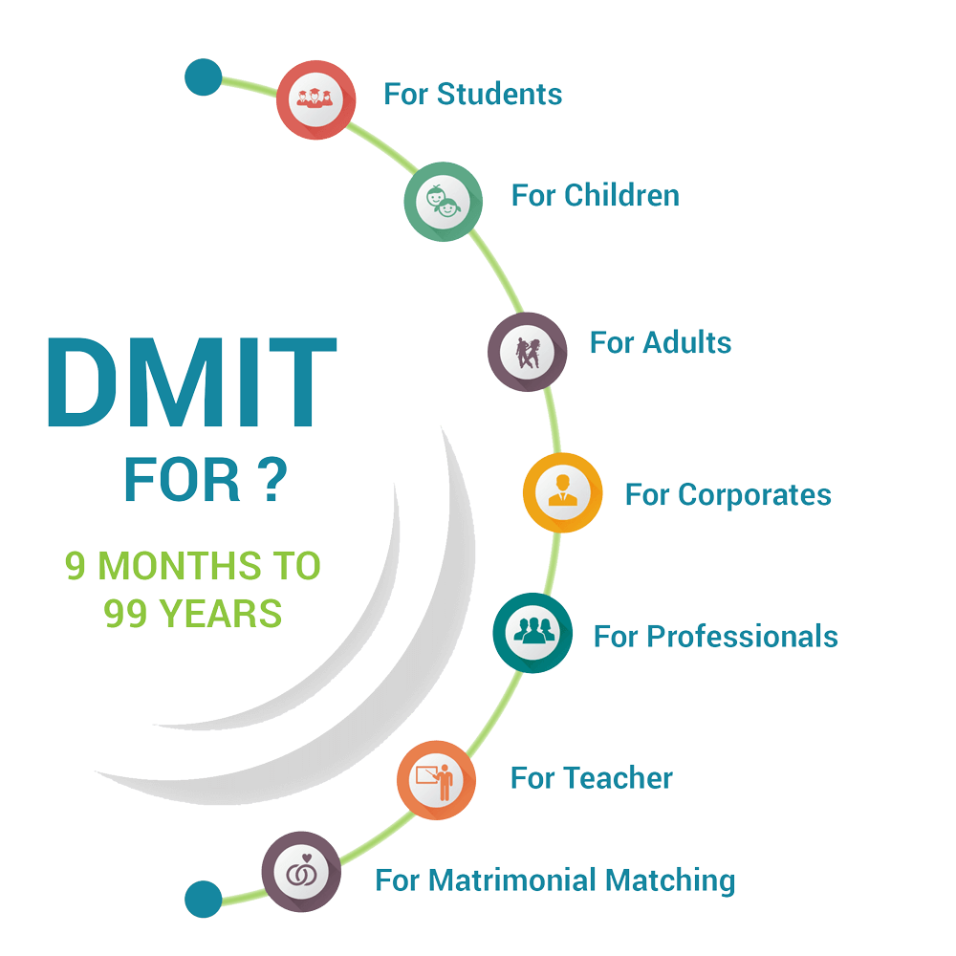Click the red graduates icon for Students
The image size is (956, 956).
point(315,99)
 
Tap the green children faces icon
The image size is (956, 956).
point(444,201)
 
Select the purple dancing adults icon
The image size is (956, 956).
point(528,352)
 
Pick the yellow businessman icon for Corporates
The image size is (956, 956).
point(563,492)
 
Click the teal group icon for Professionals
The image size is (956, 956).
point(532,633)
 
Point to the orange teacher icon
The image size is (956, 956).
point(437,780)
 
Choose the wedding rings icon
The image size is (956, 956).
point(301,872)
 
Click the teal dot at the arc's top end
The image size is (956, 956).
point(203,76)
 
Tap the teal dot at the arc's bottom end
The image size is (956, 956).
point(203,899)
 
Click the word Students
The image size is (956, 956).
point(499,94)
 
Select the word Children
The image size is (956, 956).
point(622,195)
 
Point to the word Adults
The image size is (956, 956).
point(687,342)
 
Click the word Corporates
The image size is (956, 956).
point(755,494)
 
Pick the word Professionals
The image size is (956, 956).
point(743,636)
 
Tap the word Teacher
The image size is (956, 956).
point(619,778)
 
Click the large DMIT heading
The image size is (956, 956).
point(192,381)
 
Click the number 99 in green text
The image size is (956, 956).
point(125,614)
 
